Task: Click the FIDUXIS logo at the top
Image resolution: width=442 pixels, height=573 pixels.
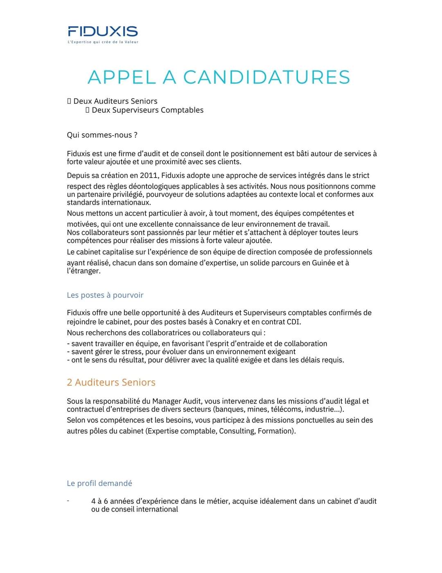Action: tap(103, 31)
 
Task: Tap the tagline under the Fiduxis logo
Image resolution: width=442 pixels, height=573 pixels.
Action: tap(103, 42)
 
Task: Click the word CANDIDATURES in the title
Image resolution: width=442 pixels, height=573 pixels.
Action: tap(266, 77)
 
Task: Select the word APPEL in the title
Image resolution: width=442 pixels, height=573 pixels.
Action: tap(122, 77)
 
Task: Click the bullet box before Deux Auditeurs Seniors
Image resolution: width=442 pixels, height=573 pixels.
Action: tap(69, 101)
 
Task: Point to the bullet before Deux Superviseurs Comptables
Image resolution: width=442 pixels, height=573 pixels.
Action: tap(88, 110)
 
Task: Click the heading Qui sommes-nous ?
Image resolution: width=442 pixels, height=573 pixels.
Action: tap(102, 135)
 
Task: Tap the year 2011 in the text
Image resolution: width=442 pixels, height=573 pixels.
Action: tap(149, 175)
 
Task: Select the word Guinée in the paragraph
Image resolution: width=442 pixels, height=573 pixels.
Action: tap(323, 263)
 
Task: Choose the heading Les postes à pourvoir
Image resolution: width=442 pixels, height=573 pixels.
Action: tap(105, 295)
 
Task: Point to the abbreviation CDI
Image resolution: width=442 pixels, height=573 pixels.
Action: tap(293, 322)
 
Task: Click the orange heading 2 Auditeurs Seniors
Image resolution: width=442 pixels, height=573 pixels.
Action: tap(111, 382)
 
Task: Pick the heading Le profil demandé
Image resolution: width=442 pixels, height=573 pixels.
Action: tap(99, 483)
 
